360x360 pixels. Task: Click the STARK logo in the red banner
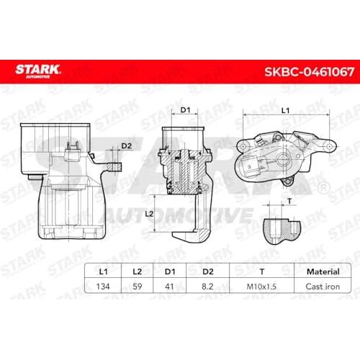[38, 71]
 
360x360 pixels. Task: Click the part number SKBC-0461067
[309, 72]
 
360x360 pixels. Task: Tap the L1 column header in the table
[103, 271]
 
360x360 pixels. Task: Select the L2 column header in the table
[138, 271]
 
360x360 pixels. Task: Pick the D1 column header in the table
[170, 271]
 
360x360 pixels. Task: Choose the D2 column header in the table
[208, 271]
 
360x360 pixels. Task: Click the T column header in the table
[262, 271]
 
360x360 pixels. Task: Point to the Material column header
[323, 271]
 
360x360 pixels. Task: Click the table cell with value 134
[103, 287]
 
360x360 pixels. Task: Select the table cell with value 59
[138, 287]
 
